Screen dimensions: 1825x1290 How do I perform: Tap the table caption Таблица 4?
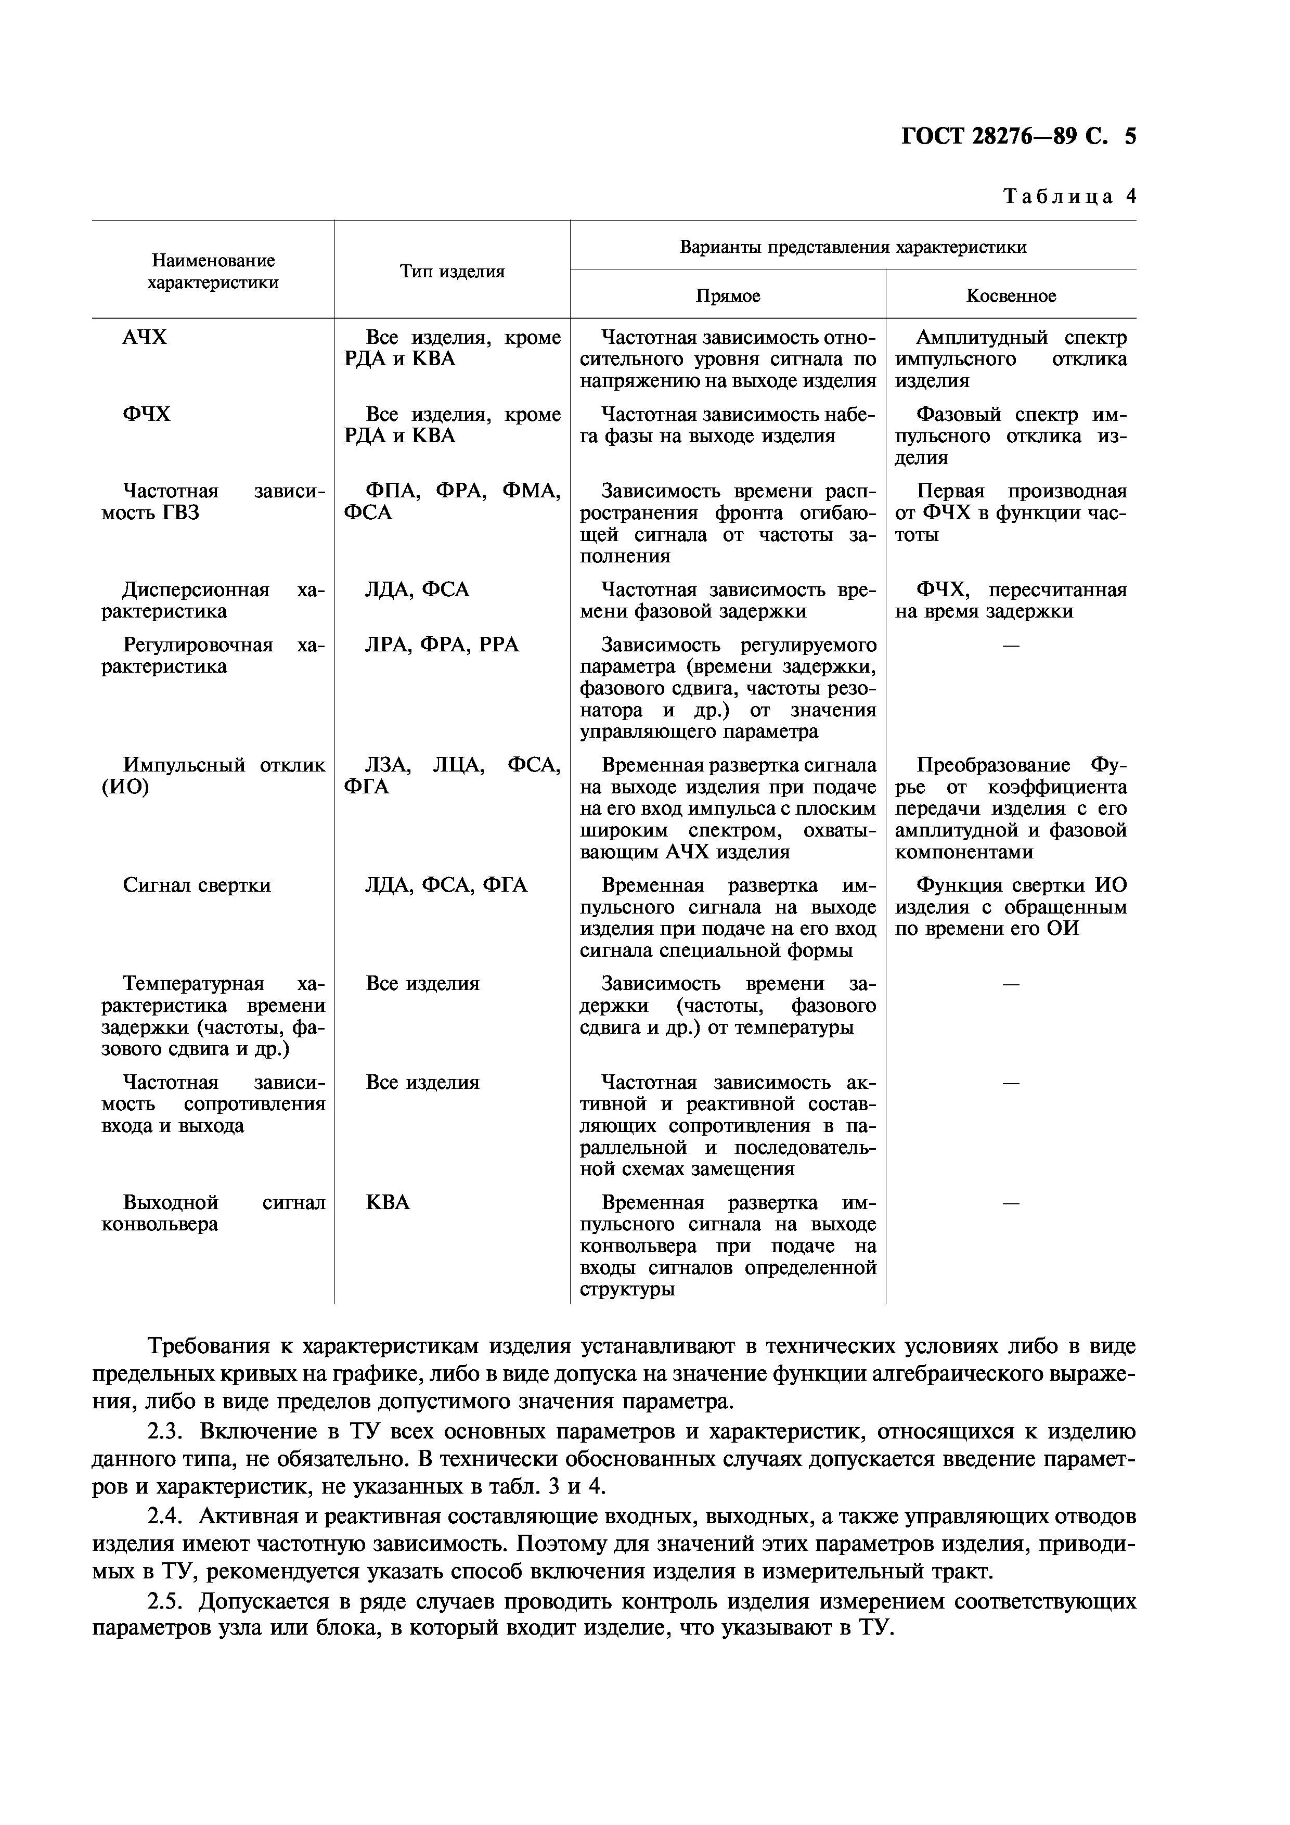pos(1069,196)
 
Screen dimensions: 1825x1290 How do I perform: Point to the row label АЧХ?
pos(145,338)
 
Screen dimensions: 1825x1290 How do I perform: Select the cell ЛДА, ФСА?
pos(417,590)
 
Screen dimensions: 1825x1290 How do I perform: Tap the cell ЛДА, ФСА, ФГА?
pos(445,885)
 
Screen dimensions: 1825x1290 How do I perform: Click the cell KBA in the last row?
pos(388,1203)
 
